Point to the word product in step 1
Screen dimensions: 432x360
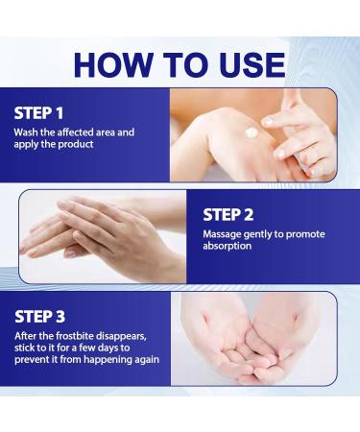77,145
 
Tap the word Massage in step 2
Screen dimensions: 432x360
225,233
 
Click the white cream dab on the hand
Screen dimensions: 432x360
252,132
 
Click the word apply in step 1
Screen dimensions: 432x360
27,145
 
